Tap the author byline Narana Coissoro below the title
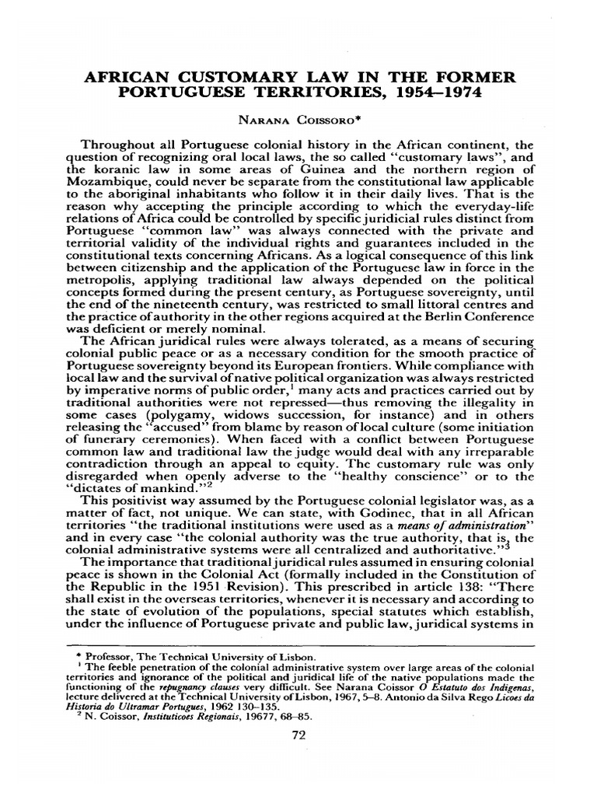click(x=298, y=120)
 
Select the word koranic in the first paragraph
click(x=119, y=176)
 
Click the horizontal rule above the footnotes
click(x=298, y=645)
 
